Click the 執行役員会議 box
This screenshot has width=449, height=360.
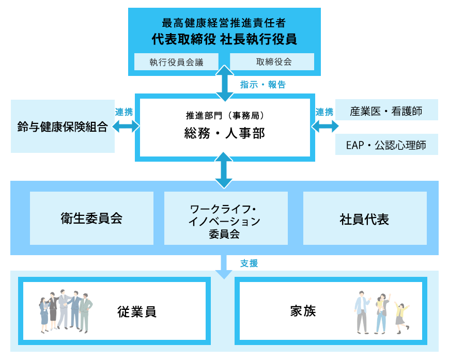[177, 62]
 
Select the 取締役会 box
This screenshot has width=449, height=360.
[272, 62]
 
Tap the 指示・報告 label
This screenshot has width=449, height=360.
[263, 85]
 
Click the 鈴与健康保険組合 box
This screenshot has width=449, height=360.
[63, 127]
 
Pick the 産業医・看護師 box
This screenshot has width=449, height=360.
[386, 110]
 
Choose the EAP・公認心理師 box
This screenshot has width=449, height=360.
[386, 145]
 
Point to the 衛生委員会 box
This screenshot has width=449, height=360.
[91, 218]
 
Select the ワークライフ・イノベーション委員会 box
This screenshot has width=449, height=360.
[225, 218]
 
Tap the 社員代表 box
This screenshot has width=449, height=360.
[364, 218]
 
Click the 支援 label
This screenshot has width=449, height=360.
[249, 263]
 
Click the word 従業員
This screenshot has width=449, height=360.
[136, 312]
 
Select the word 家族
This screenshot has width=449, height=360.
[303, 311]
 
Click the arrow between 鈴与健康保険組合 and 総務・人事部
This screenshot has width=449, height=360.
[126, 126]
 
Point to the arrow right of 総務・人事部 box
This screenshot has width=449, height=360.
[325, 126]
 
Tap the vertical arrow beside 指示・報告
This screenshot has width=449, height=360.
[225, 83]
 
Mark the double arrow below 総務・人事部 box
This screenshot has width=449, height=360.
[224, 170]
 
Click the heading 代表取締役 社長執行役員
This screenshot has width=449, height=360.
[224, 39]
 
